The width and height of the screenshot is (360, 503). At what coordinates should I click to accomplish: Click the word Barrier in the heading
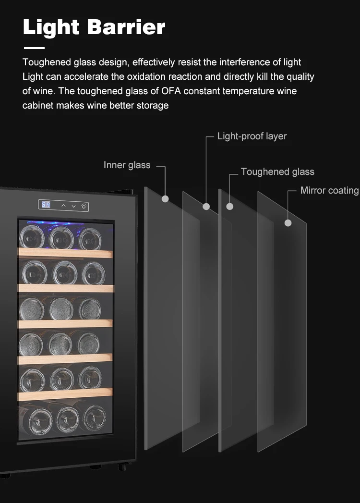[x=127, y=27]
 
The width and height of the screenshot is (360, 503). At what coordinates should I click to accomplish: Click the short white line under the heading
[x=34, y=48]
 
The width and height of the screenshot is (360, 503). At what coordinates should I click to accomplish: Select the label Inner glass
[x=127, y=165]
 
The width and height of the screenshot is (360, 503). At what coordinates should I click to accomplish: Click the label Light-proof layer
[x=252, y=136]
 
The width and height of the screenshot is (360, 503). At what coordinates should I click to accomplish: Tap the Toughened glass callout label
[x=277, y=172]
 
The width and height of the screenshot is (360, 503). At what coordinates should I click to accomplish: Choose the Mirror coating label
[x=329, y=191]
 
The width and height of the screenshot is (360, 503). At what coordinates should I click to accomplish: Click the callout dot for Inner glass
[x=165, y=198]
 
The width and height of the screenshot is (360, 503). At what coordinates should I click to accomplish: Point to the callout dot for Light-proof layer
[x=206, y=207]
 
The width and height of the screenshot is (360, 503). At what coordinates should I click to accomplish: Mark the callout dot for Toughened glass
[x=230, y=206]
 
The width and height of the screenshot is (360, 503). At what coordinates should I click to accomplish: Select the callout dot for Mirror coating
[x=288, y=223]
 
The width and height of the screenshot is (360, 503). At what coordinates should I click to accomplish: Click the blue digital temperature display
[x=46, y=205]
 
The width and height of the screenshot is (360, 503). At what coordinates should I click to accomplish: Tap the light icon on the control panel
[x=84, y=206]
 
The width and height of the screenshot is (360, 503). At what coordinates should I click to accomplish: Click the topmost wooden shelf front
[x=66, y=252]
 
